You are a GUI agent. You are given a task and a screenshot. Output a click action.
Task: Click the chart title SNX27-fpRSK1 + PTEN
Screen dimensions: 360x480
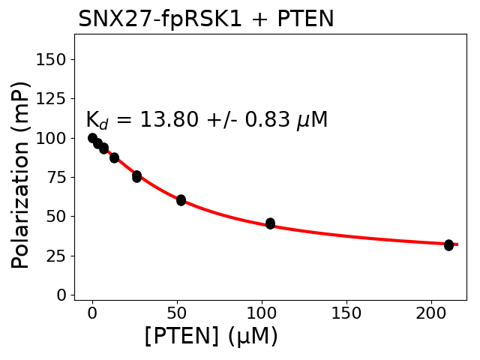205,19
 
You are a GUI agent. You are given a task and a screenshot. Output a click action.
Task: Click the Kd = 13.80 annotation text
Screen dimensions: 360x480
206,120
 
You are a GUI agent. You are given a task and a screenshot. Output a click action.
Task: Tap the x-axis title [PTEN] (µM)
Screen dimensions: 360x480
211,337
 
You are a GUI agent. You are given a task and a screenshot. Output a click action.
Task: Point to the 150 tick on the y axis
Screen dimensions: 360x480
54,59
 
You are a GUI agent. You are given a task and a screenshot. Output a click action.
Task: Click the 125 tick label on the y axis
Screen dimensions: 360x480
54,98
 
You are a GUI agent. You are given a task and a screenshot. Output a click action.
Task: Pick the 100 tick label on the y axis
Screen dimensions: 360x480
54,138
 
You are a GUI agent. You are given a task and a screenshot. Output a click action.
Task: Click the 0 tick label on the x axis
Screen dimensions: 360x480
92,313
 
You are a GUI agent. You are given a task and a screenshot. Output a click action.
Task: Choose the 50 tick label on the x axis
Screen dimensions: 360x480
177,313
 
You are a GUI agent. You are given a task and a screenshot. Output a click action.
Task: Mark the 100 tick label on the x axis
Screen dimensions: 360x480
262,313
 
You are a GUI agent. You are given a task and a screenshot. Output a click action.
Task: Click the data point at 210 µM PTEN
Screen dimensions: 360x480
448,245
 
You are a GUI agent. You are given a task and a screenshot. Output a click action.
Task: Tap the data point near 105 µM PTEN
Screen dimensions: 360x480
270,223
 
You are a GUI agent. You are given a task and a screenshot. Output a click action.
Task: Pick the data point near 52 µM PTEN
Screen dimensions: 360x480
181,200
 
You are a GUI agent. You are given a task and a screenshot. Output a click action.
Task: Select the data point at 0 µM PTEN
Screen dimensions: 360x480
92,138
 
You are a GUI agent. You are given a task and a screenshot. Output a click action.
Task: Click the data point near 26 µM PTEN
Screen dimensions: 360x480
136,176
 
